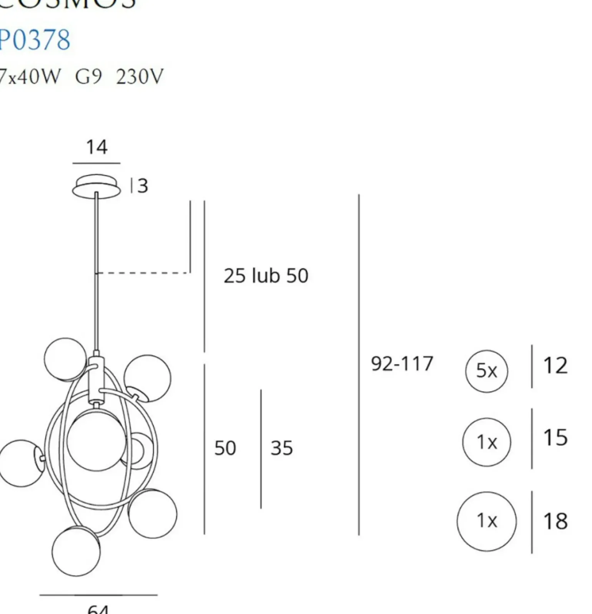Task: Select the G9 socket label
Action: [x=88, y=76]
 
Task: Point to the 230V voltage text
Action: [x=140, y=76]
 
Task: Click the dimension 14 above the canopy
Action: [x=96, y=147]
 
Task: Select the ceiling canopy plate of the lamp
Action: [x=96, y=187]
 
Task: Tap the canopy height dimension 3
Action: [x=142, y=186]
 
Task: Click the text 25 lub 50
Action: [x=266, y=276]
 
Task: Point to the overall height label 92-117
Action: [x=402, y=363]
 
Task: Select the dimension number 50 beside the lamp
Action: [x=225, y=448]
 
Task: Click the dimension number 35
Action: [x=281, y=448]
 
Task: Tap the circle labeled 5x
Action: [x=486, y=371]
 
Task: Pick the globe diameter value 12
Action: [x=555, y=366]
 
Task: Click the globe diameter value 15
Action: [x=555, y=437]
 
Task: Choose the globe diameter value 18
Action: [x=555, y=521]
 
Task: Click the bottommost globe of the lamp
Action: [x=76, y=551]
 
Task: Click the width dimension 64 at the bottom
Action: [x=98, y=609]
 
